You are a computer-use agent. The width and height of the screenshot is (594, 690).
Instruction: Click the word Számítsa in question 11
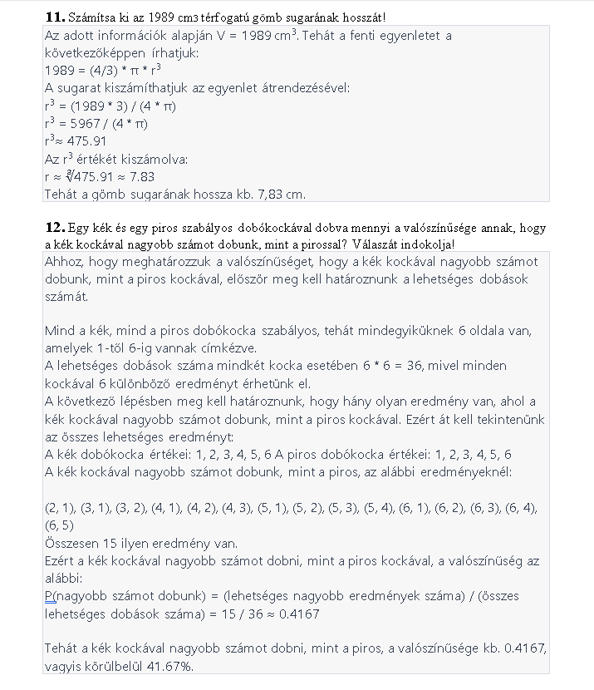point(92,17)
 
